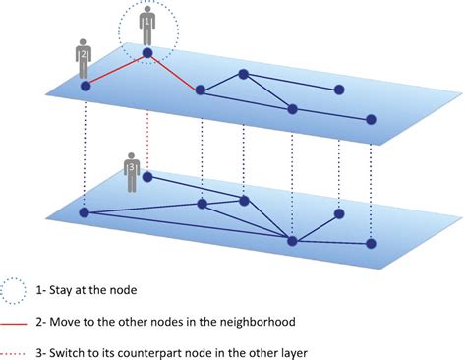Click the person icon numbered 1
click(x=146, y=25)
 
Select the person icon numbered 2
click(x=85, y=61)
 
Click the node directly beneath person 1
click(x=146, y=52)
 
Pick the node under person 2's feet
click(x=85, y=87)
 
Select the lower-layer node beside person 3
click(x=147, y=178)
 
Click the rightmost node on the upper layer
click(x=371, y=120)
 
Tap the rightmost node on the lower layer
click(x=371, y=243)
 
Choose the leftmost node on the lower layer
click(x=85, y=211)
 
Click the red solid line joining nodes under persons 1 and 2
click(x=116, y=69)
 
